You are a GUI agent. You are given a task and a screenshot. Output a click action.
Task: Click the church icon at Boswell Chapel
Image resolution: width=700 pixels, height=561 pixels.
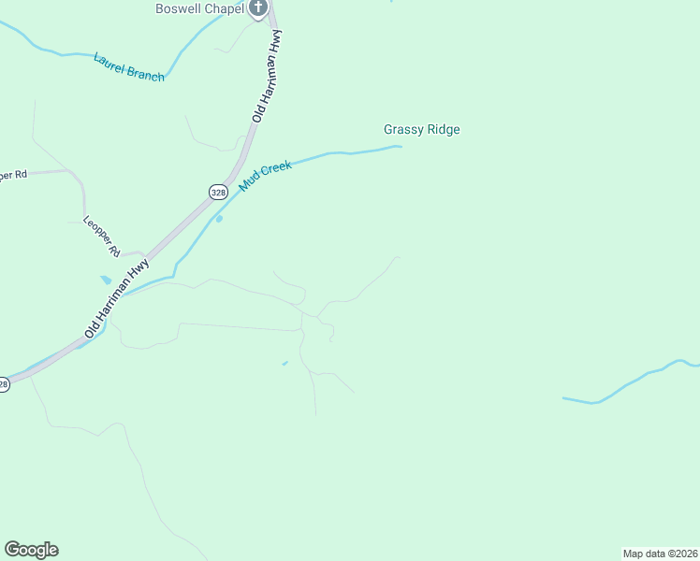[258, 8]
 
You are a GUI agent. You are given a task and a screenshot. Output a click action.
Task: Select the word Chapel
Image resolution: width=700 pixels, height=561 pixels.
[226, 9]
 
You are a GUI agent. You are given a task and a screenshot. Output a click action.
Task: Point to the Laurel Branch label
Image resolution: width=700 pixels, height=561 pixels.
[129, 66]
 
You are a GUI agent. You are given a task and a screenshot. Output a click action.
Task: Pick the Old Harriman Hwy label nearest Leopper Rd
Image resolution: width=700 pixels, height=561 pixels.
[116, 298]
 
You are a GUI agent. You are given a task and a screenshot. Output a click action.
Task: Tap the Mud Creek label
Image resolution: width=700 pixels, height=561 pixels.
[266, 176]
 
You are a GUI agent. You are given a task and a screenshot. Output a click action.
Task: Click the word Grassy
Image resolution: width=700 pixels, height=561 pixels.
[403, 130]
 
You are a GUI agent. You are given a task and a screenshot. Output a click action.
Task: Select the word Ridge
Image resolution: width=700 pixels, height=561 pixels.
[444, 130]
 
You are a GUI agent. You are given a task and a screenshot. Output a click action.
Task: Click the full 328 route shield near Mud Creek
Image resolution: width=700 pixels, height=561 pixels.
[218, 192]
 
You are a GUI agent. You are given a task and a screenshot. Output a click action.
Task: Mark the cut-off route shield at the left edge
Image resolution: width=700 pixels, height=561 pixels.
[3, 383]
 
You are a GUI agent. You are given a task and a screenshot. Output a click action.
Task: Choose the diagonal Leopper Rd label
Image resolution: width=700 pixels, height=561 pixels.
[102, 237]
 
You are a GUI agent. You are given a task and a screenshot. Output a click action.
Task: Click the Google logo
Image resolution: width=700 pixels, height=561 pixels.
[31, 550]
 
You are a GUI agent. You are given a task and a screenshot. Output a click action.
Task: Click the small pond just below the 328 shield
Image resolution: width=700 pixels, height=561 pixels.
[220, 220]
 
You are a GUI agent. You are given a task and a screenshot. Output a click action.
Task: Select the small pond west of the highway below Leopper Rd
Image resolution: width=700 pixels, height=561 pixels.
[106, 280]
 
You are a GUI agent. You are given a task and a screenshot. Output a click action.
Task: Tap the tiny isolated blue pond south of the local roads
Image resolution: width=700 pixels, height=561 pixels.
[284, 363]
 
